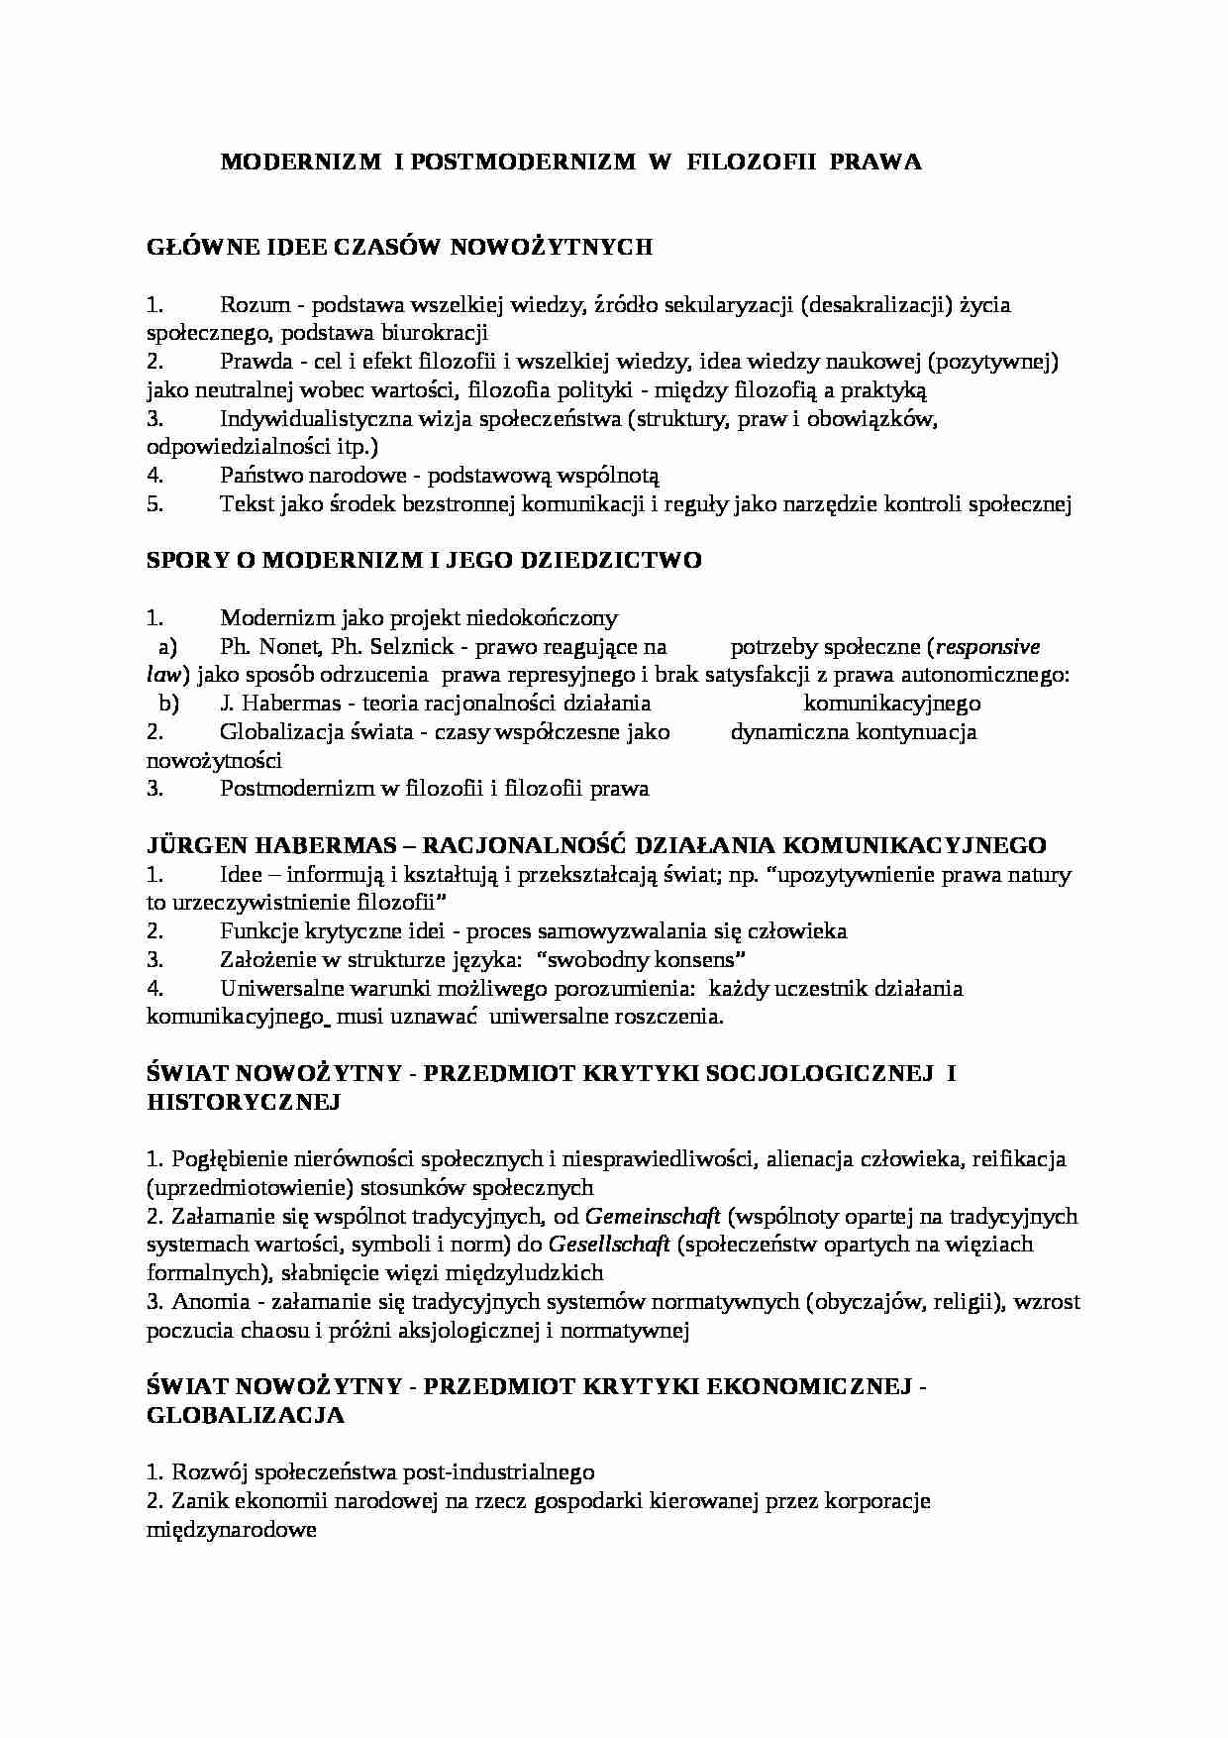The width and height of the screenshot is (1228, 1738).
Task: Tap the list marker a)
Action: [167, 647]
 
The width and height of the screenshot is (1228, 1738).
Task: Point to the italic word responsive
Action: [987, 647]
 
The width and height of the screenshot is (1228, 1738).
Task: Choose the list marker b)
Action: [167, 704]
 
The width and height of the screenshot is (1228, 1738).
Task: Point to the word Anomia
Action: [206, 1302]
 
